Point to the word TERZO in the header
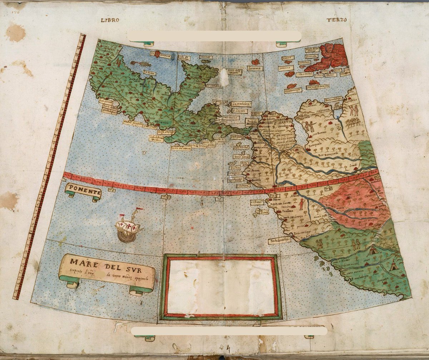[336, 20]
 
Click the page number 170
[15, 12]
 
